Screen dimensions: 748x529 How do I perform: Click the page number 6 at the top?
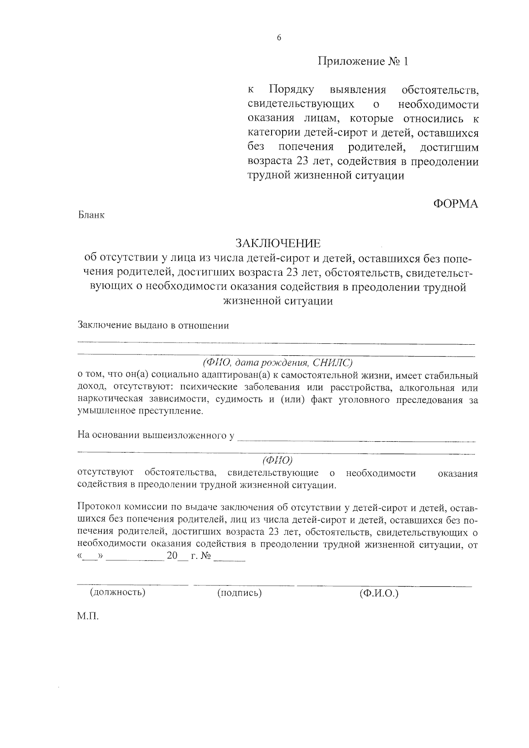tap(279, 38)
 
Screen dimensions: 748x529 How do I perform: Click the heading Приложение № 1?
tap(363, 61)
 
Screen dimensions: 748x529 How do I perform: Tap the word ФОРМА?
tap(456, 204)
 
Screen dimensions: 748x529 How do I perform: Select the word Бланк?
tap(91, 216)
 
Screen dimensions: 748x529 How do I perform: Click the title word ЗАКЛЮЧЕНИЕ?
tap(278, 243)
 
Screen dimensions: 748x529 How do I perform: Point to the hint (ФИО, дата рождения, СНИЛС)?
tap(278, 363)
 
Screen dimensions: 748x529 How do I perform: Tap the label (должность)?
tap(118, 592)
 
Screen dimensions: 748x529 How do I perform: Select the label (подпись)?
tap(239, 593)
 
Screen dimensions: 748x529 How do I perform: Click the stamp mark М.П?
tap(88, 616)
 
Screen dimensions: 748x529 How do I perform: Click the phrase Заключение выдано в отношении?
tap(153, 326)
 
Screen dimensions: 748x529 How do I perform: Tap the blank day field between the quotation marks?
tap(90, 558)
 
